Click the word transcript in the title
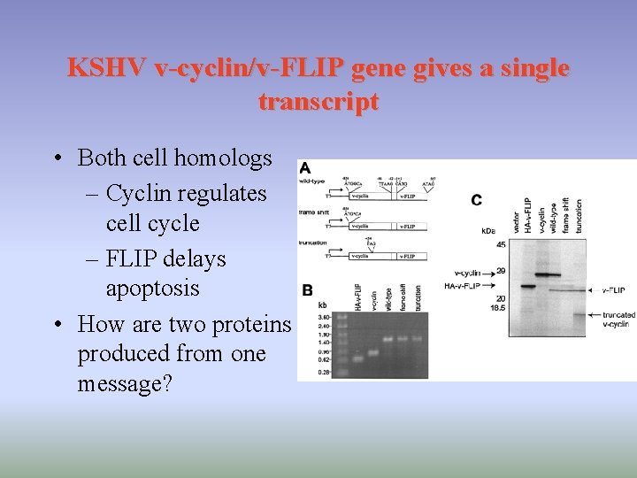(x=318, y=102)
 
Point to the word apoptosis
(x=152, y=289)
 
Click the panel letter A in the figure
(x=305, y=168)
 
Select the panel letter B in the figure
(x=306, y=289)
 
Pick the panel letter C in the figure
(x=477, y=200)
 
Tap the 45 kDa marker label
(x=501, y=245)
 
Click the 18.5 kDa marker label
(x=499, y=307)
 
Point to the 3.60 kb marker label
(x=323, y=316)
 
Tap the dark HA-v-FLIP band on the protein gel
(x=528, y=286)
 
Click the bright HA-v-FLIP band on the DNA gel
(x=356, y=358)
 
